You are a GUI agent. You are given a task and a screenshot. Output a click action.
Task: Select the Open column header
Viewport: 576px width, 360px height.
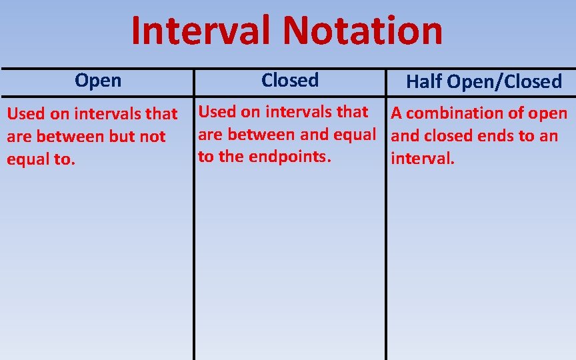click(x=98, y=81)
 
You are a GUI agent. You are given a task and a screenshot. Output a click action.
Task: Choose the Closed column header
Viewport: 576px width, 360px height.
click(x=290, y=80)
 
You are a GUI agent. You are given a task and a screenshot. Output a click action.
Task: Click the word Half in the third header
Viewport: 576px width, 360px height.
click(x=425, y=82)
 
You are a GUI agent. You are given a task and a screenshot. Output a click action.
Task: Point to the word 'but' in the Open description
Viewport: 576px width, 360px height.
click(x=123, y=137)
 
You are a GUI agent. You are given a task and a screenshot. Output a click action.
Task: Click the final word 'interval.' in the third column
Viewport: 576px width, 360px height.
click(x=423, y=159)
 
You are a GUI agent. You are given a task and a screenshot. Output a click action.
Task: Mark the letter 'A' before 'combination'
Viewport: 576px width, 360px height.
click(x=396, y=113)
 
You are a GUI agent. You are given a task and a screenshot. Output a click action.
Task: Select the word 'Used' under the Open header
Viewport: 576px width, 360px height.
click(x=25, y=114)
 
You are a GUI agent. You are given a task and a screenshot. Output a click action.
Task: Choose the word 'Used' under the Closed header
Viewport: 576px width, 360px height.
click(x=217, y=111)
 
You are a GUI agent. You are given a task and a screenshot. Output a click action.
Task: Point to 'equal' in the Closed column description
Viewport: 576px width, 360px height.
click(x=354, y=135)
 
